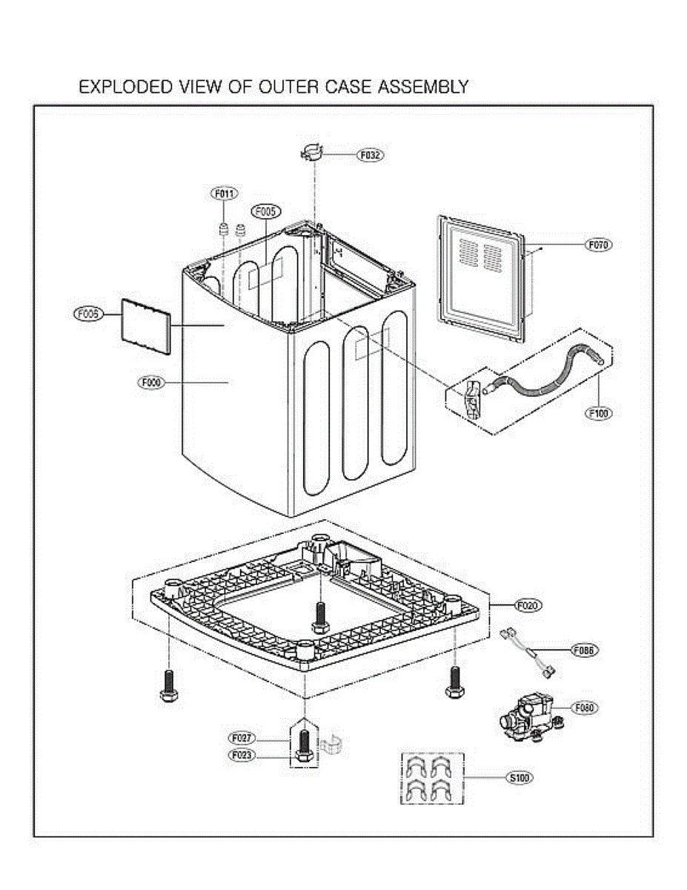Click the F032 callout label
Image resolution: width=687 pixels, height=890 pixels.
click(x=370, y=156)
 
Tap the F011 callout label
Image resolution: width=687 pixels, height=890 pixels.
click(x=225, y=194)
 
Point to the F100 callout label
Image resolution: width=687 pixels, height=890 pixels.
click(x=599, y=414)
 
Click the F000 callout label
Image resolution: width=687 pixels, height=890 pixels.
click(x=150, y=383)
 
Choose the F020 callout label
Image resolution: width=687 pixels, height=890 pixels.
click(x=528, y=605)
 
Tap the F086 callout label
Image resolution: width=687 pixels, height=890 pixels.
click(x=584, y=650)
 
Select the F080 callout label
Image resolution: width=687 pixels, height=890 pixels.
click(x=584, y=708)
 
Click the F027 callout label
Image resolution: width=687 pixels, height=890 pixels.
click(x=242, y=738)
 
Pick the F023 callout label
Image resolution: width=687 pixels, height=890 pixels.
click(x=242, y=755)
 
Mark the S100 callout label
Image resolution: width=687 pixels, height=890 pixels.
click(x=520, y=778)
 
